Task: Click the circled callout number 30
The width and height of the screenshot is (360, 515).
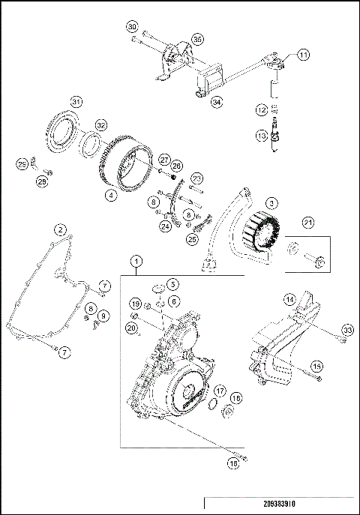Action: (132, 27)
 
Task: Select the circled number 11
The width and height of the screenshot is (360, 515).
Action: (303, 55)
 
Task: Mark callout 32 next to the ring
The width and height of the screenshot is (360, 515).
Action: (100, 125)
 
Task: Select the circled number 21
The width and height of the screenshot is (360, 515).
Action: (307, 223)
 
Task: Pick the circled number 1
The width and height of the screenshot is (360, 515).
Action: (136, 261)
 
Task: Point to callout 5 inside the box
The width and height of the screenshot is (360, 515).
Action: (172, 284)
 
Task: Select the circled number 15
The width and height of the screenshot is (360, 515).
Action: (316, 366)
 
